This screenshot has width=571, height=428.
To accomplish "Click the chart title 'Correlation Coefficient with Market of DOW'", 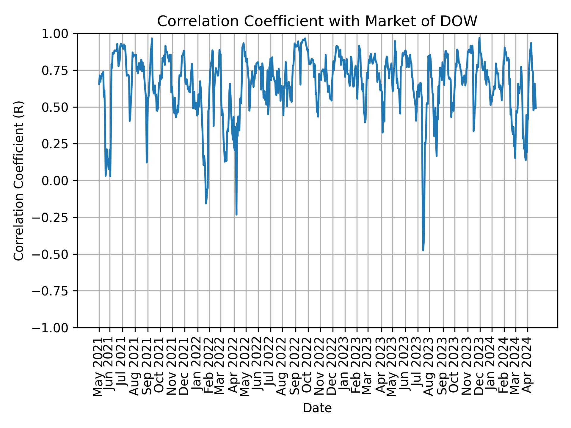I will pos(317,21).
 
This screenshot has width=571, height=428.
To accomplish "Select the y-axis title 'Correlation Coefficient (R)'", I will pos(19,180).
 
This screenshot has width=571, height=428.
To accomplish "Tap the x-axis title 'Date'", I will pos(317,408).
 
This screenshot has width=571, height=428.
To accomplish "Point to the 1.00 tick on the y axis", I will pos(59,34).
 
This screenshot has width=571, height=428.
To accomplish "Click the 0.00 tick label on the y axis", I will pos(59,181).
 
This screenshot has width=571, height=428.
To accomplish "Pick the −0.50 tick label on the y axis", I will pos(54,254).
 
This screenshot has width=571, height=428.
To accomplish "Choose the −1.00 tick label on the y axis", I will pos(54,328).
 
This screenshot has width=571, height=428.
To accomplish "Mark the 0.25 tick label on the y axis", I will pos(59,144).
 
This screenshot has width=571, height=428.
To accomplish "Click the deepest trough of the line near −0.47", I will pos(423,250).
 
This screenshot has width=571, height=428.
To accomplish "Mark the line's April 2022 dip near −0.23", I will pos(236,214).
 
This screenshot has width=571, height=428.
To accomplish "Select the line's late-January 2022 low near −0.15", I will pos(206,203).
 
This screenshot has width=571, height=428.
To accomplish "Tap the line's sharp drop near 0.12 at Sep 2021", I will pos(147,162).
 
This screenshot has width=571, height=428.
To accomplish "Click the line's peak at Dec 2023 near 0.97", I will pos(479,38).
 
